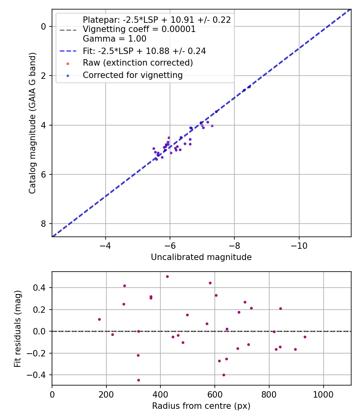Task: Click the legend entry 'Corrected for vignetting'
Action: click(x=132, y=75)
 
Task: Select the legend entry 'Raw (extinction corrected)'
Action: click(x=138, y=63)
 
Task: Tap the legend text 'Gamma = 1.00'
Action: click(x=114, y=39)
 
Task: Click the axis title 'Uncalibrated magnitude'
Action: click(x=201, y=257)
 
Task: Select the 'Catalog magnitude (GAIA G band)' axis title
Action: click(x=32, y=123)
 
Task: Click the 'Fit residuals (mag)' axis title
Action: click(x=18, y=328)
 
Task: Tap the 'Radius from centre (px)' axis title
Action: click(x=201, y=406)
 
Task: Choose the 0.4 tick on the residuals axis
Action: click(x=40, y=288)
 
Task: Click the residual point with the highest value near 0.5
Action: click(x=167, y=276)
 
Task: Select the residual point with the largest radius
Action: click(x=305, y=337)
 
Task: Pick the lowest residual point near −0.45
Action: click(x=138, y=380)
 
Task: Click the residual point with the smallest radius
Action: click(x=99, y=319)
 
